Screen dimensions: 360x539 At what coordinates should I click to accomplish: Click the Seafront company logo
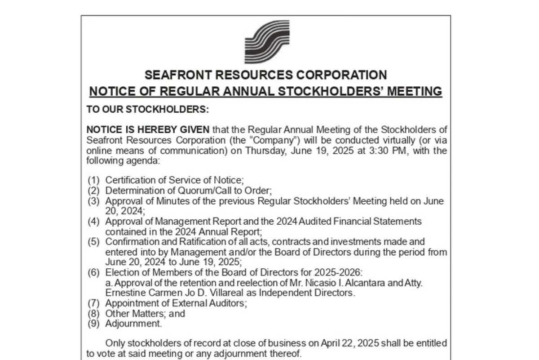(x=267, y=42)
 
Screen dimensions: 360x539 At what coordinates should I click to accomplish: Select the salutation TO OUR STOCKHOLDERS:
(x=148, y=110)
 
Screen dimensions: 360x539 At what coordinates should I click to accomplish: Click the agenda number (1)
(x=93, y=180)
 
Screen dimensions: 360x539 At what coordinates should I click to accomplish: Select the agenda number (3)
(x=93, y=201)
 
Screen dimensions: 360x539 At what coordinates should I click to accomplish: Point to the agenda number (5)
(x=93, y=242)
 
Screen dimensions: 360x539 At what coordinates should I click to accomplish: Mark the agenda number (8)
(x=93, y=313)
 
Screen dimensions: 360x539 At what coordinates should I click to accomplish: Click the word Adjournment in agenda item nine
(x=133, y=324)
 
